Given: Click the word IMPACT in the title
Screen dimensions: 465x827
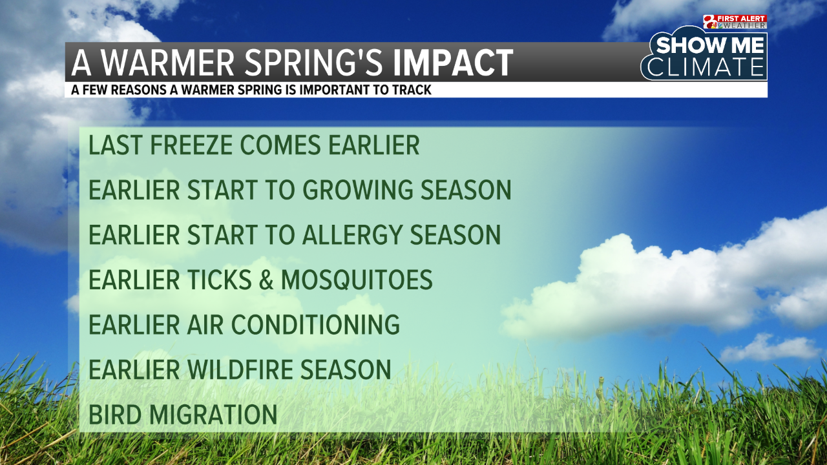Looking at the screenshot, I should point(453,63).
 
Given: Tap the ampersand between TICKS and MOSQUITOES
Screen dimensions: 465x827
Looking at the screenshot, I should point(264,280).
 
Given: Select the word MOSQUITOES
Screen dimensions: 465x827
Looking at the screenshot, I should point(357,280).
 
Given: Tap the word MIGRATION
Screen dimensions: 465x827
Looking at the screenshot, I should point(214,415).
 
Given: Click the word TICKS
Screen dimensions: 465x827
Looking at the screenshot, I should point(220,280).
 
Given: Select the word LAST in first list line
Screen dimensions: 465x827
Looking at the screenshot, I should point(114,146).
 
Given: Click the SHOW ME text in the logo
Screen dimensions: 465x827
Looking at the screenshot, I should point(710,46).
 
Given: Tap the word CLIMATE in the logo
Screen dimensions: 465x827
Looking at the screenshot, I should point(706,67).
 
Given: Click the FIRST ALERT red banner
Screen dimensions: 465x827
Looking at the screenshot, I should point(743,19).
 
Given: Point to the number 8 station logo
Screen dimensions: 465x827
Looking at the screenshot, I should point(710,22).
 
